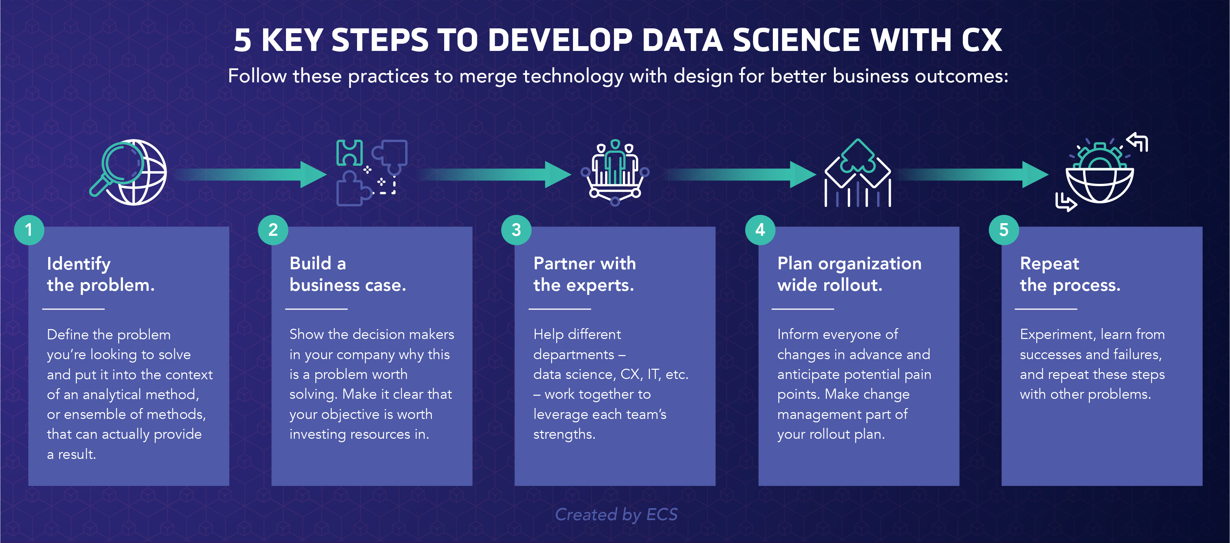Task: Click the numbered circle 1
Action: pos(29,230)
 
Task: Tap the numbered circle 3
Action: pos(516,230)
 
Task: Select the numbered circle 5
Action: pos(1004,230)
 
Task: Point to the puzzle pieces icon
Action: pos(371,173)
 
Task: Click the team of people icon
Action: pos(615,173)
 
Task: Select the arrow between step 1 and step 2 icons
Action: pos(251,174)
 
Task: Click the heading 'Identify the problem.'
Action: pos(101,274)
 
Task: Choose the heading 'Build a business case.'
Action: pos(347,274)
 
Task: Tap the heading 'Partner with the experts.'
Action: pos(585,274)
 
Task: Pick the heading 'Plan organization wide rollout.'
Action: pos(849,274)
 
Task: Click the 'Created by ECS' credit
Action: pos(616,514)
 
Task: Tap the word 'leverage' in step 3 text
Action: pos(561,415)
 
